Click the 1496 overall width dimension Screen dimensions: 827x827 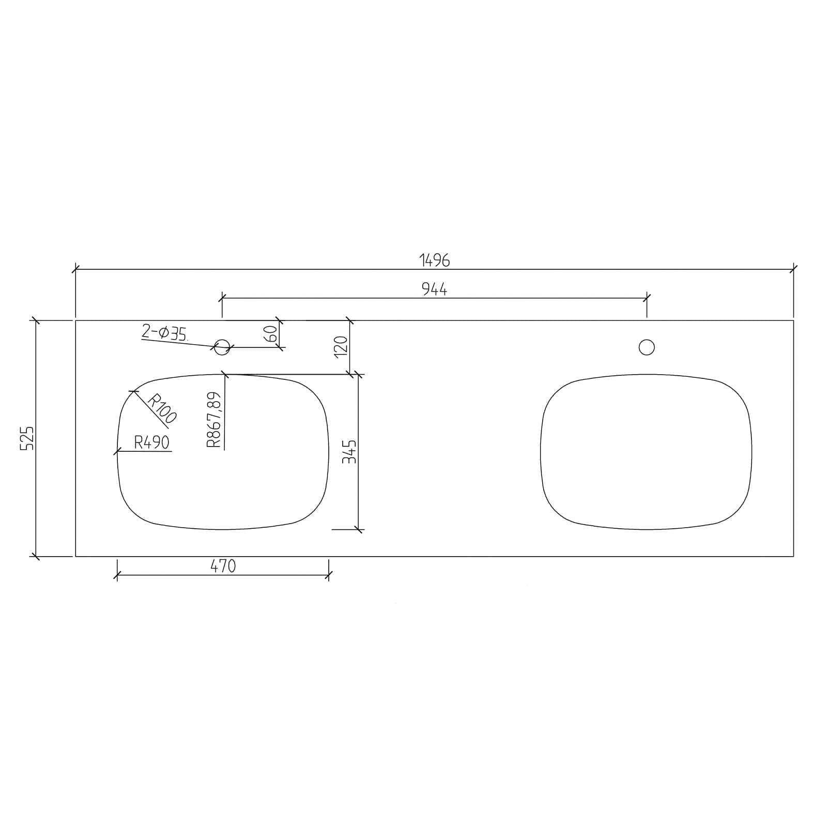tap(435, 260)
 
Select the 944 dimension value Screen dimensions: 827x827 tap(435, 289)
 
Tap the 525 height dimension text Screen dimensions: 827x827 tap(27, 438)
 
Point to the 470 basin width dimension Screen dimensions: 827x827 tap(223, 566)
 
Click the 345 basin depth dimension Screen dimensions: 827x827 tap(350, 451)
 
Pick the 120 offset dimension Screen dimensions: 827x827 tap(341, 346)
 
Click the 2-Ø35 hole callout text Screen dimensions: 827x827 tap(164, 332)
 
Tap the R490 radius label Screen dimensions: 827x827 tap(151, 442)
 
